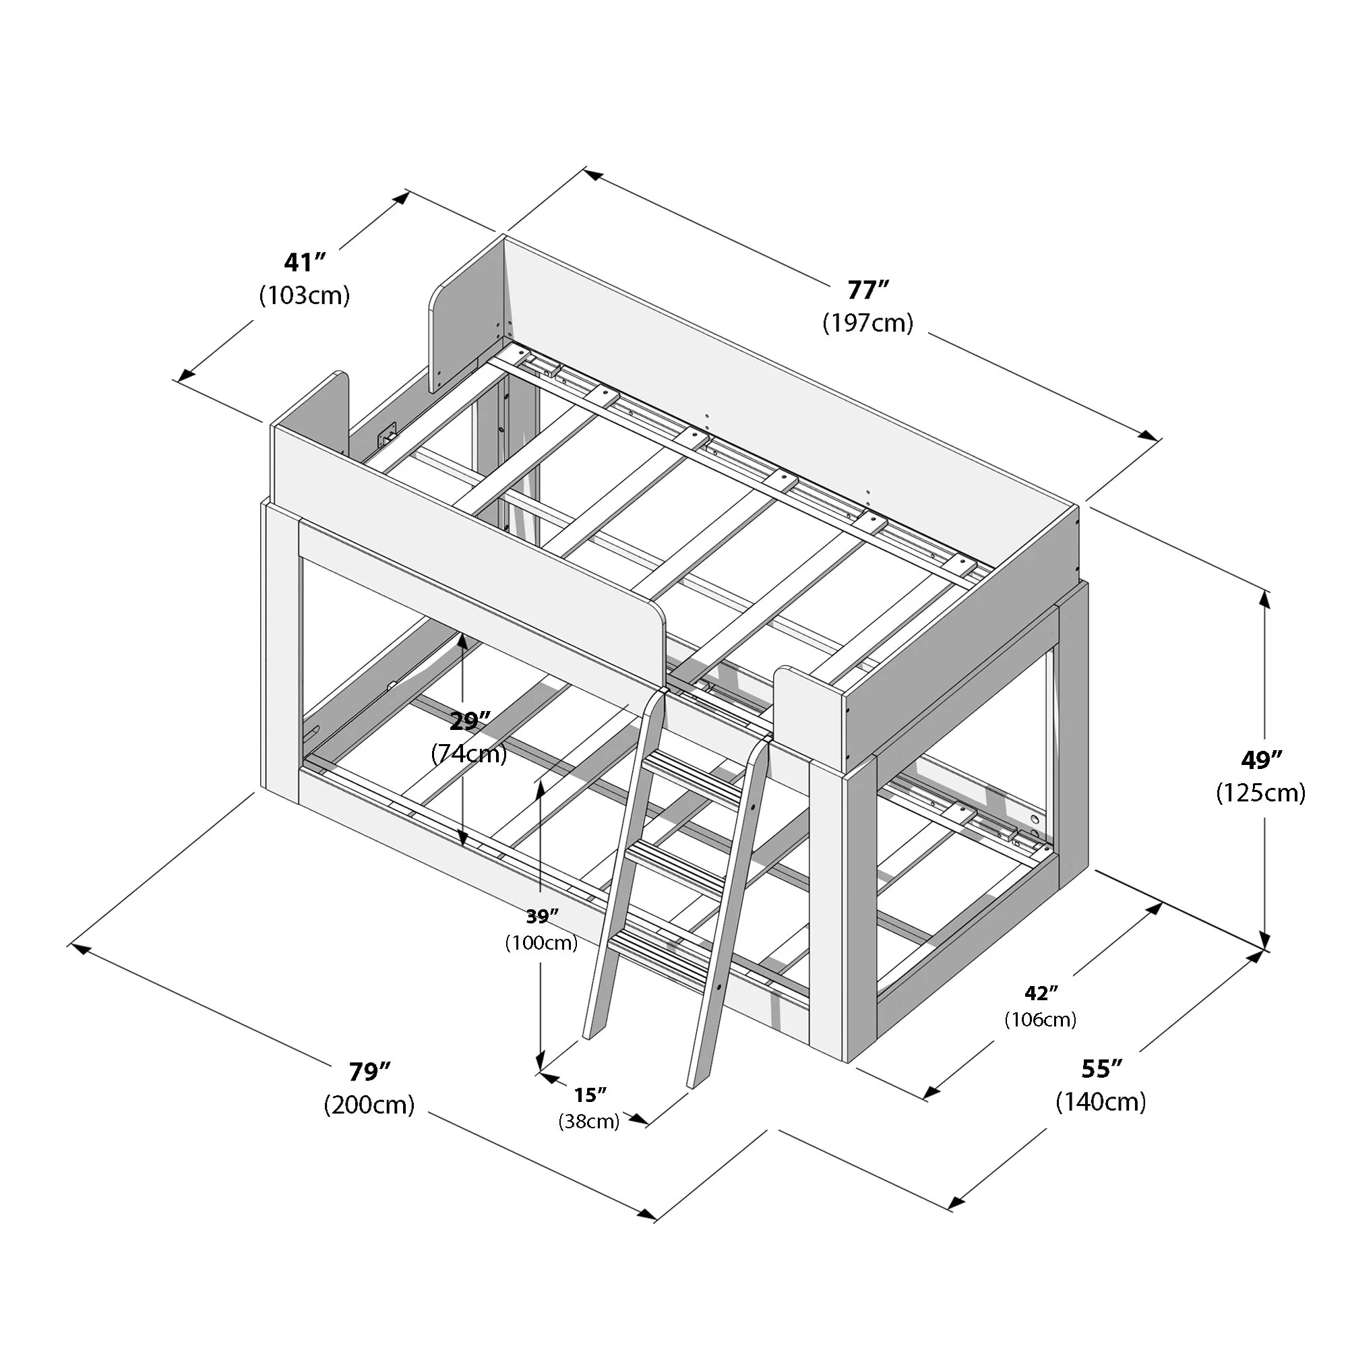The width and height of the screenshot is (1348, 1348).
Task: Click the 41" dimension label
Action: (305, 262)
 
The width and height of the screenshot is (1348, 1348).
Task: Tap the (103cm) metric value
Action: (304, 295)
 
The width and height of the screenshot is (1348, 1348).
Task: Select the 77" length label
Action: (868, 289)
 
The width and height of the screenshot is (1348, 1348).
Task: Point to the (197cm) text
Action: (867, 322)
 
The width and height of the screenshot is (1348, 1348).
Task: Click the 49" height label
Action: (1261, 760)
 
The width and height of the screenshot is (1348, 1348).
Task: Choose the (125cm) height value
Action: (1260, 793)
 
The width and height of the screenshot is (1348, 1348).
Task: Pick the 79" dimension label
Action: (369, 1071)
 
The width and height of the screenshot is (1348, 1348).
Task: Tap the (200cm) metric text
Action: (369, 1105)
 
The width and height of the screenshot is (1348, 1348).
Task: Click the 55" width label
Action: (1102, 1068)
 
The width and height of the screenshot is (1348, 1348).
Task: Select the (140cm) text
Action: (1101, 1102)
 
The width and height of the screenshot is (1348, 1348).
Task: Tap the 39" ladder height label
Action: (542, 915)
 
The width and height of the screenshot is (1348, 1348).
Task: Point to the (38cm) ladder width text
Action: (589, 1122)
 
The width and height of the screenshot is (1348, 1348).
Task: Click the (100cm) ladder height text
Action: (541, 943)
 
